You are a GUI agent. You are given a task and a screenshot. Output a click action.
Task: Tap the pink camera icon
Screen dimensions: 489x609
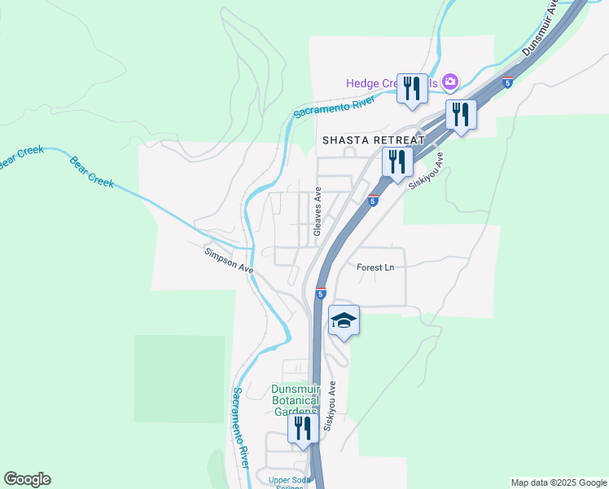click(x=450, y=82)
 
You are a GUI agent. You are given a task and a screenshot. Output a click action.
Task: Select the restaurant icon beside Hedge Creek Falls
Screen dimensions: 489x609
click(x=412, y=88)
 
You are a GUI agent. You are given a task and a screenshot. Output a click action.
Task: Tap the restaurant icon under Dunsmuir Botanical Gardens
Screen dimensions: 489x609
click(x=303, y=429)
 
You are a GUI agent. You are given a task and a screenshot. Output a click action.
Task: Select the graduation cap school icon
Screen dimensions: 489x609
click(x=344, y=320)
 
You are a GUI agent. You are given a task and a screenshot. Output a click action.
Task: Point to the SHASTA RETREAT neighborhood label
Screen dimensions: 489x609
click(x=374, y=140)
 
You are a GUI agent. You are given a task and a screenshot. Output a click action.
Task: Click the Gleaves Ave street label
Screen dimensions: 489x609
click(x=318, y=211)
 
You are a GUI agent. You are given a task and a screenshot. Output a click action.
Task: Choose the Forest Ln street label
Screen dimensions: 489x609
click(x=375, y=267)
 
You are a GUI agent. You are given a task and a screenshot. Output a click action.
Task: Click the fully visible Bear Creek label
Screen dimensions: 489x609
click(x=91, y=171)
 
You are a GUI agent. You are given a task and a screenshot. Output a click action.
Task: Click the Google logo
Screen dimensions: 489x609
click(x=27, y=479)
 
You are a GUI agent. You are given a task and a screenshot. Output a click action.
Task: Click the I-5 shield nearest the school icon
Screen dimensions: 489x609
click(x=321, y=293)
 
